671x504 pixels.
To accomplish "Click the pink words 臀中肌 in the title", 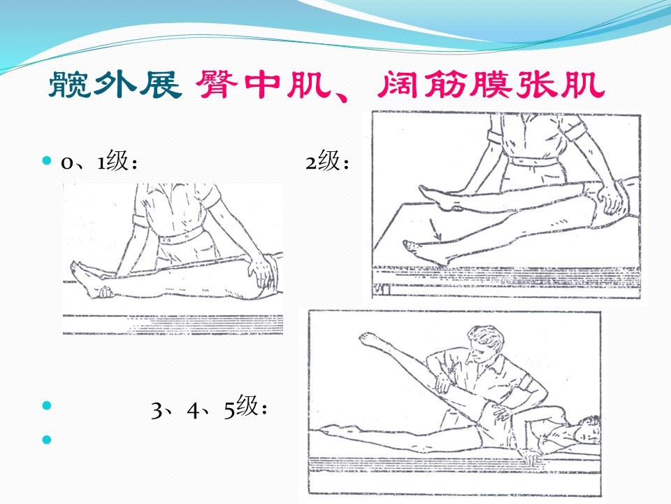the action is (x=264, y=84).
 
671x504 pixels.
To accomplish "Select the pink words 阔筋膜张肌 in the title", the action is (x=491, y=84).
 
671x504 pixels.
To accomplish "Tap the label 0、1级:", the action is (x=99, y=161).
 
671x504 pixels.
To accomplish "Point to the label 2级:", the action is (x=327, y=161).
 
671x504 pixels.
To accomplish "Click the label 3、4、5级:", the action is (x=209, y=407).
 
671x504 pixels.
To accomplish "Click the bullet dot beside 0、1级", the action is (x=47, y=161).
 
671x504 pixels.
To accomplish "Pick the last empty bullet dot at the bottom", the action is (x=47, y=440).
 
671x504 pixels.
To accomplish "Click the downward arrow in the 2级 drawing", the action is (x=435, y=230).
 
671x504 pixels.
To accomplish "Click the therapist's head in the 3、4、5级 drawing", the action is (x=486, y=343).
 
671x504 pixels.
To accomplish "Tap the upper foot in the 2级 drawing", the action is (x=438, y=197).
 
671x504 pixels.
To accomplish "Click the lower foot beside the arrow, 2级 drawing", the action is (x=424, y=251).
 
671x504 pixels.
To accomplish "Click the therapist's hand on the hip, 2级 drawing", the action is (x=611, y=197).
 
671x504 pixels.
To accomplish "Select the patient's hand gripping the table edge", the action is (x=528, y=457).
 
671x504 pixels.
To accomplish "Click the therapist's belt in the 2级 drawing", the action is (x=533, y=162).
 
